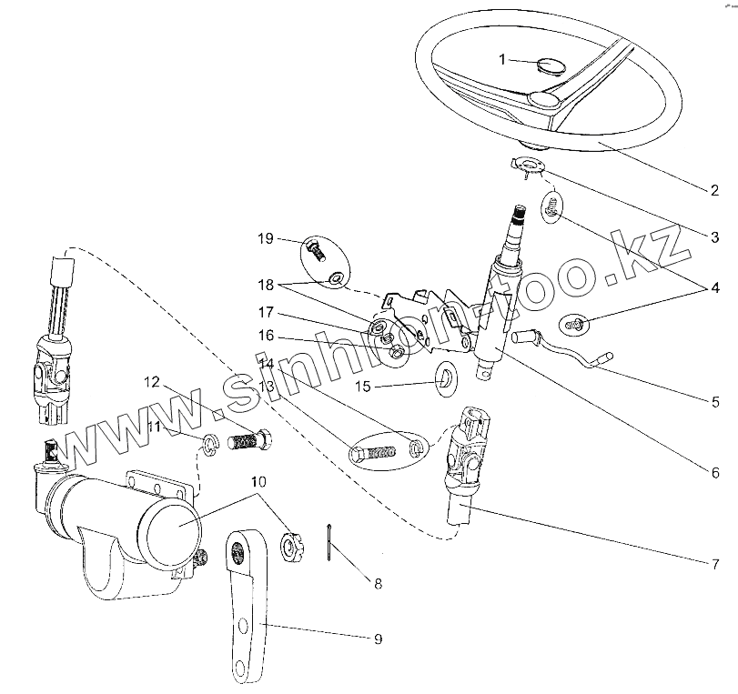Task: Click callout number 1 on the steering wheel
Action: pos(502,60)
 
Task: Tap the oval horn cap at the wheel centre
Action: pos(551,65)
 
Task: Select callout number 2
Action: pos(714,190)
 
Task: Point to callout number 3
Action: pos(714,237)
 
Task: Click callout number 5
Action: pos(715,402)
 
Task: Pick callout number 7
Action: pos(715,564)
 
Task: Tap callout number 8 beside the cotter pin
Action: pos(378,584)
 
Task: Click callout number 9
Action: pos(378,639)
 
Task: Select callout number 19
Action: pos(266,238)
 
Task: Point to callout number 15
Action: pos(363,387)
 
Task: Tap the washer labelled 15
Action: pos(445,375)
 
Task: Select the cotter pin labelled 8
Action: pos(329,542)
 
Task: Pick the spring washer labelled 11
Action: pos(210,445)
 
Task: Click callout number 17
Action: pos(266,312)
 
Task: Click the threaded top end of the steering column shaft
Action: pos(518,214)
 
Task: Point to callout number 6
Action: pos(715,472)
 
